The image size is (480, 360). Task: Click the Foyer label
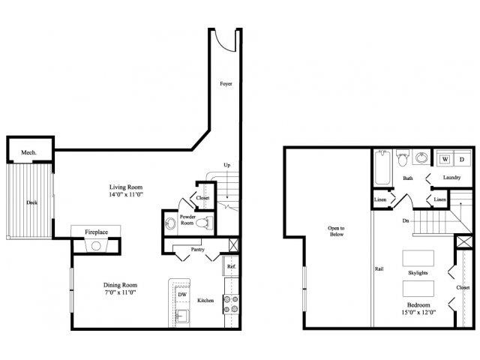pyautogui.click(x=225, y=85)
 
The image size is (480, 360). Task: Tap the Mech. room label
pyautogui.click(x=28, y=152)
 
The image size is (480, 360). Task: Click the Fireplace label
pyautogui.click(x=97, y=232)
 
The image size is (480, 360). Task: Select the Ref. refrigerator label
pyautogui.click(x=231, y=266)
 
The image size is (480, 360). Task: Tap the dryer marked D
pyautogui.click(x=461, y=160)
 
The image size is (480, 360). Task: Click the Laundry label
pyautogui.click(x=451, y=178)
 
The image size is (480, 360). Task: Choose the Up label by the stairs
pyautogui.click(x=226, y=165)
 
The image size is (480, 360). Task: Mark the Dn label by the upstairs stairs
pyautogui.click(x=406, y=221)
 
